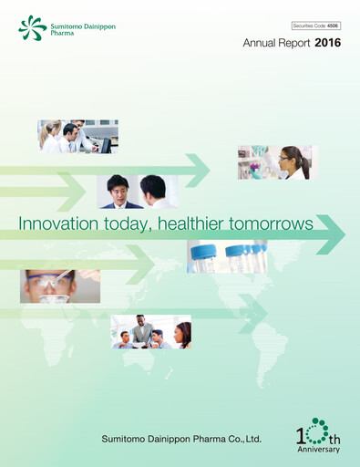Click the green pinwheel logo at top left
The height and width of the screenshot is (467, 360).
tap(32, 27)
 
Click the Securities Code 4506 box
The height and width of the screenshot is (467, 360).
tap(315, 26)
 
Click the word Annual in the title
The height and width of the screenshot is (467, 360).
tap(261, 42)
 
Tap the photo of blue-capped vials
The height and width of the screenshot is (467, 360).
tap(227, 257)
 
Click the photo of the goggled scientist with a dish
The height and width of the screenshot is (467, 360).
tap(59, 286)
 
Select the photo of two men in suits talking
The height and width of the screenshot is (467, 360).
tap(138, 192)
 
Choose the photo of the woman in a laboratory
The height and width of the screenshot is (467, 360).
tap(276, 161)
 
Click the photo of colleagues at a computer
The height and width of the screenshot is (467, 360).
tap(77, 136)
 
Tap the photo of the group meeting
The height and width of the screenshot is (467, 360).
tap(150, 332)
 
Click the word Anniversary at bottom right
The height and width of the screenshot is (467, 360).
tap(319, 449)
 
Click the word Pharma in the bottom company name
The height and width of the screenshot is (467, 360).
tap(209, 440)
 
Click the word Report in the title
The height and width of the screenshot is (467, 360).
tap(296, 42)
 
